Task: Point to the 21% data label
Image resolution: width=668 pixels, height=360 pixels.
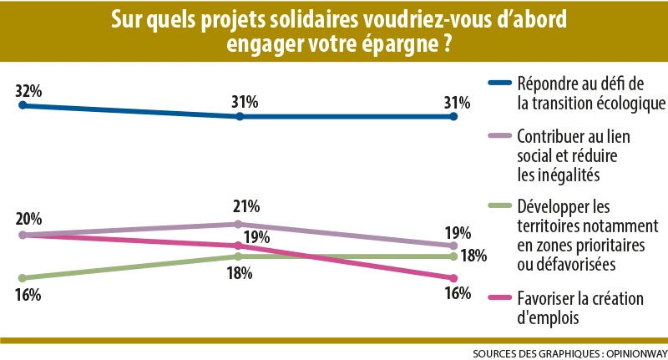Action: pyautogui.click(x=246, y=206)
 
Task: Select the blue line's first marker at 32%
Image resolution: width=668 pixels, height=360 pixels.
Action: pyautogui.click(x=23, y=105)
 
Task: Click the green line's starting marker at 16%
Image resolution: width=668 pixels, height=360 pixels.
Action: pyautogui.click(x=23, y=277)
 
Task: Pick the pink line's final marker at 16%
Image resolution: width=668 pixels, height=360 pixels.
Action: pyautogui.click(x=453, y=278)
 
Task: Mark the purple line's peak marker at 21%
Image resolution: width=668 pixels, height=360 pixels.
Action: pyautogui.click(x=239, y=224)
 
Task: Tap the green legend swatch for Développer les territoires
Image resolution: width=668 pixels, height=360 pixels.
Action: pyautogui.click(x=498, y=205)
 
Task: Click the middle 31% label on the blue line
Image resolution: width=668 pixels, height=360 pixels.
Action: pyautogui.click(x=245, y=102)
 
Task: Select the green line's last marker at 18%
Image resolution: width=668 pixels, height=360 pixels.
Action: pyautogui.click(x=453, y=256)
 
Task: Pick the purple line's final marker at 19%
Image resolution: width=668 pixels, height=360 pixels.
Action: pyautogui.click(x=453, y=246)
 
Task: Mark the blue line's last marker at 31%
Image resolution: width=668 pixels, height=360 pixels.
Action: pyautogui.click(x=453, y=116)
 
